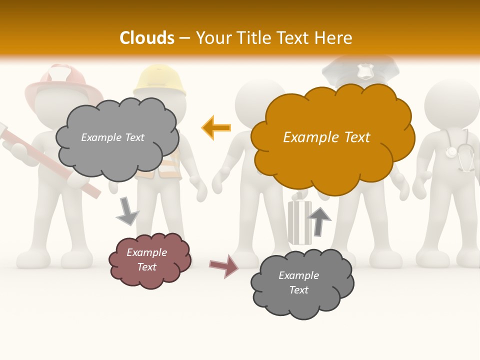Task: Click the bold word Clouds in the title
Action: (147, 37)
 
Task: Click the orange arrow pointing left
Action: (216, 127)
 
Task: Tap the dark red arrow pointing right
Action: (223, 265)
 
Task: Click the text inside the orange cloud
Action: (326, 137)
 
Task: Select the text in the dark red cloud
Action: (147, 260)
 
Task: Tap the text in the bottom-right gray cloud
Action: (298, 282)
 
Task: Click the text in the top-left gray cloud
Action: (112, 137)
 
